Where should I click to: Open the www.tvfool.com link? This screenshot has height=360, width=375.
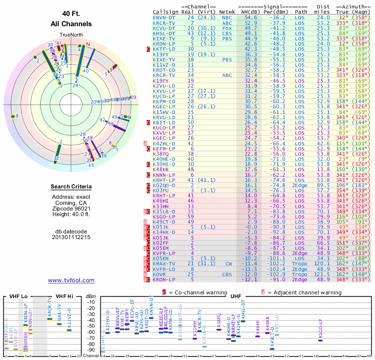click(71, 280)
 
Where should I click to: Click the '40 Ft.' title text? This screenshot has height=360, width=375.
click(71, 14)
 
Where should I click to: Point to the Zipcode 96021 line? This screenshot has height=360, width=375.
click(71, 208)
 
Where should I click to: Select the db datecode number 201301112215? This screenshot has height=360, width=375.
click(71, 237)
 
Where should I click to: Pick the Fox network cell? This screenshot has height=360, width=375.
click(227, 28)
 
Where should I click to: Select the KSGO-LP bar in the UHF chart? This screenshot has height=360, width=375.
click(320, 340)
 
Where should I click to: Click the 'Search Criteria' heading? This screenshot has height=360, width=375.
click(71, 187)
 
